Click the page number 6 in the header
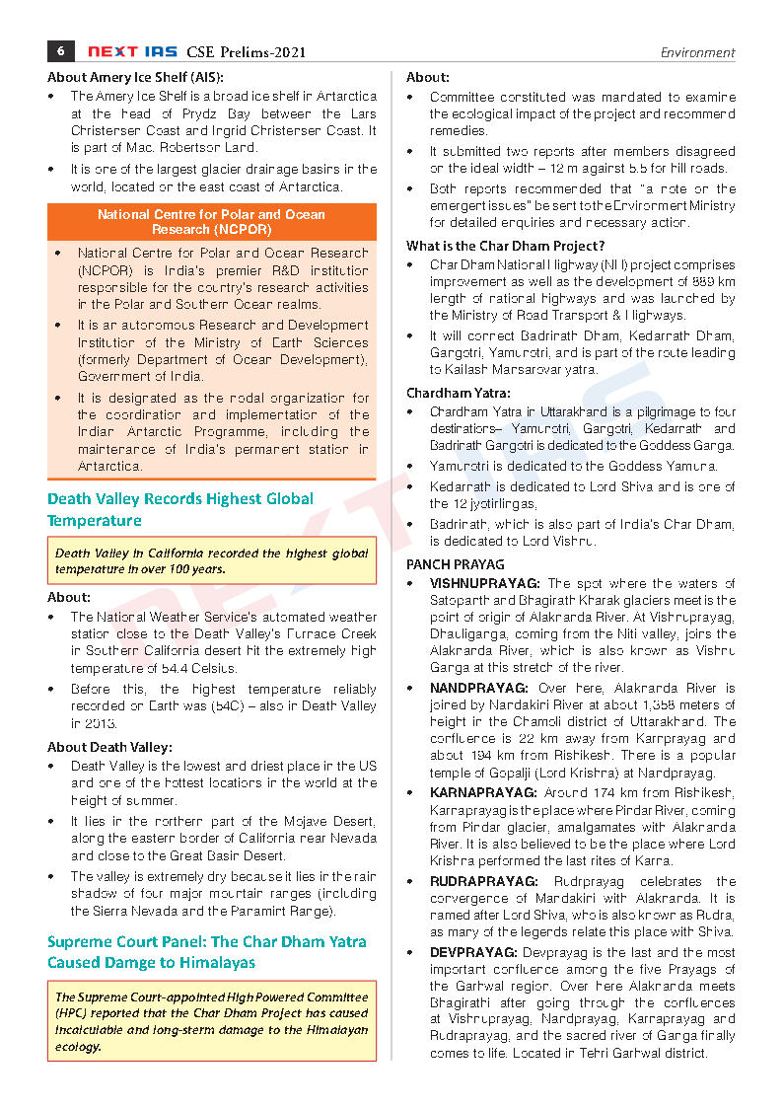click(61, 51)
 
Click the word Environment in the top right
click(697, 53)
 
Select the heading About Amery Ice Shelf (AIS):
click(135, 77)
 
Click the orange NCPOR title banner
click(211, 222)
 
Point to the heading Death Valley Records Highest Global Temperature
click(180, 509)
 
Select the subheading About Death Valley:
click(109, 747)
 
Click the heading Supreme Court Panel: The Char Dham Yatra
click(206, 942)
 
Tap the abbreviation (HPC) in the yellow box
click(72, 1013)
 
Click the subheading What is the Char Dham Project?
click(505, 246)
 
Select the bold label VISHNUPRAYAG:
click(485, 583)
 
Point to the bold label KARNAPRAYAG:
click(481, 792)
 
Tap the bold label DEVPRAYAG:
click(471, 953)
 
